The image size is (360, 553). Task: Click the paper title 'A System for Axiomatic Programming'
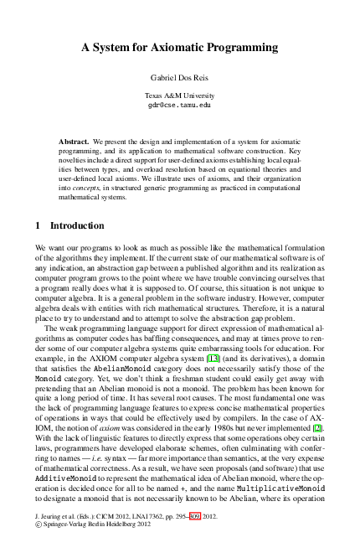[x=179, y=49]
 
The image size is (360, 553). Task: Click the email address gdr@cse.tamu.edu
[x=179, y=106]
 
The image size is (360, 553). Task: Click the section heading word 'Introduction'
[x=78, y=226]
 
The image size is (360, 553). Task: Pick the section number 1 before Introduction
[x=39, y=226]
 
